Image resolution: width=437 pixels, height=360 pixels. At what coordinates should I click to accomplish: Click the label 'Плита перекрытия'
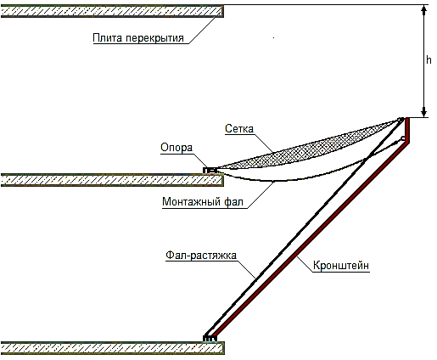pyautogui.click(x=138, y=37)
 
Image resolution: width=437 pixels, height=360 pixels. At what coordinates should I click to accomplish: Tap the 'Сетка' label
pyautogui.click(x=239, y=129)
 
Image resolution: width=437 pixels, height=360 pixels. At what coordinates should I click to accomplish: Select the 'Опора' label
pyautogui.click(x=176, y=147)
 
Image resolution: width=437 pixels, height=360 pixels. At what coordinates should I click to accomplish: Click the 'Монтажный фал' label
pyautogui.click(x=203, y=201)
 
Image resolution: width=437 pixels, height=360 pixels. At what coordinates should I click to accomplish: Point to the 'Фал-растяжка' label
pyautogui.click(x=201, y=255)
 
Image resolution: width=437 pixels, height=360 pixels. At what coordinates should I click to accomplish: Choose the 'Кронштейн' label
pyautogui.click(x=341, y=266)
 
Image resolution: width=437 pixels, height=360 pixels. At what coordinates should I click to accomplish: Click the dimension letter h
pyautogui.click(x=429, y=59)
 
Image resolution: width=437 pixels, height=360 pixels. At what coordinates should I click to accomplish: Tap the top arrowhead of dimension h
pyautogui.click(x=423, y=9)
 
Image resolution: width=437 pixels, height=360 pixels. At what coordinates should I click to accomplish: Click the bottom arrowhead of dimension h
pyautogui.click(x=423, y=112)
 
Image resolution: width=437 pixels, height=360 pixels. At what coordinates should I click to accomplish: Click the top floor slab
pyautogui.click(x=112, y=11)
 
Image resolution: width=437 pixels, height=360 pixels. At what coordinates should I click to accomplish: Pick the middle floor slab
pyautogui.click(x=112, y=180)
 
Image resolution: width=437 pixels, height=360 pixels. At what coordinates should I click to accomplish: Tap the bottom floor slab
pyautogui.click(x=113, y=348)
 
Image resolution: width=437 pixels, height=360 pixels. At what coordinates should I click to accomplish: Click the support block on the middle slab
pyautogui.click(x=210, y=171)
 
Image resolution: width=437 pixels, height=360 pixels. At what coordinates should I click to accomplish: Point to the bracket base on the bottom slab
pyautogui.click(x=210, y=339)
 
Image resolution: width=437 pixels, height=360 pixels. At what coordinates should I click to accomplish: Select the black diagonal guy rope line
pyautogui.click(x=304, y=227)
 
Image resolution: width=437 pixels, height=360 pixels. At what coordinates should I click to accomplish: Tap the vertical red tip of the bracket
pyautogui.click(x=407, y=130)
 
